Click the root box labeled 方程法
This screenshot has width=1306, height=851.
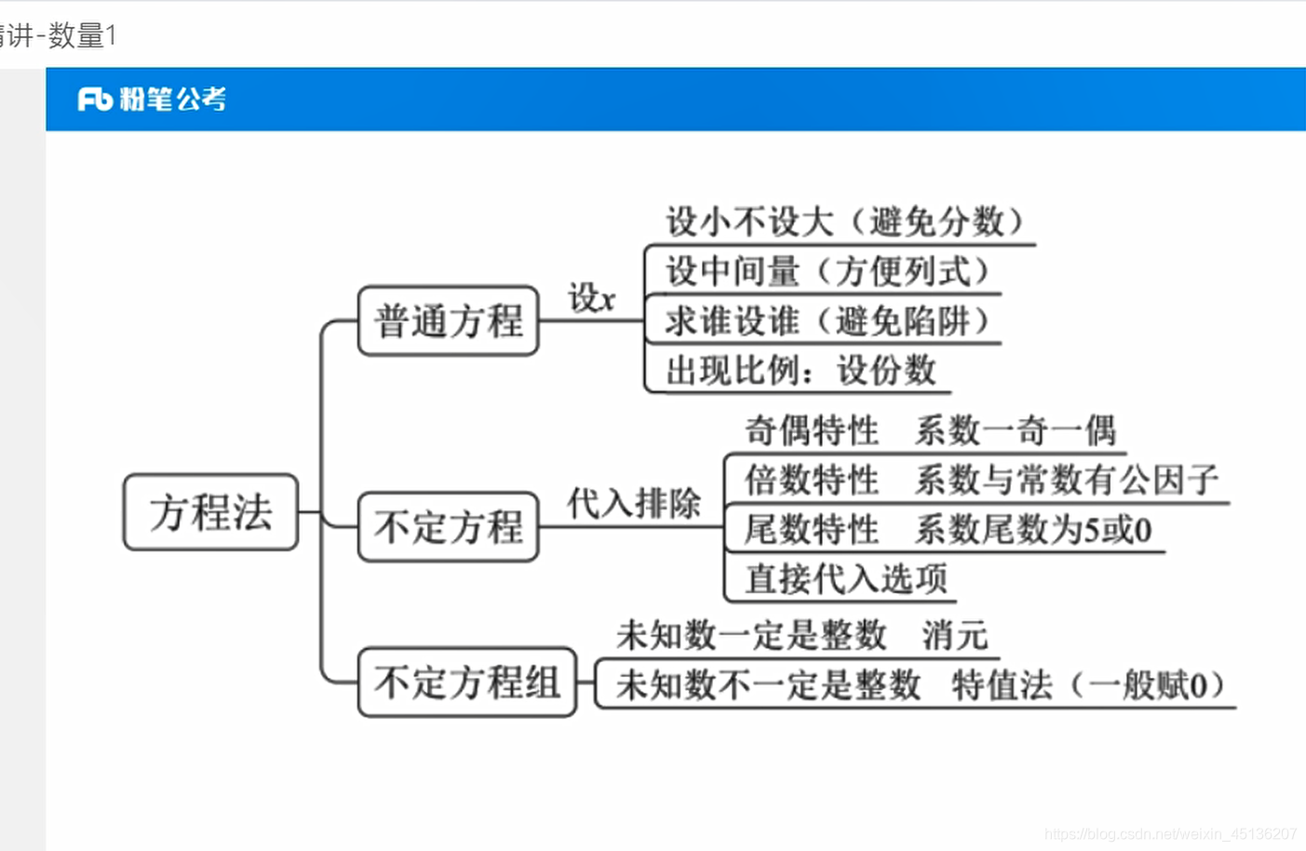pyautogui.click(x=210, y=512)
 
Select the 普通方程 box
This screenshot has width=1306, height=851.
pyautogui.click(x=449, y=321)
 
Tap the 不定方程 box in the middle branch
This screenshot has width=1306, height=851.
pyautogui.click(x=449, y=527)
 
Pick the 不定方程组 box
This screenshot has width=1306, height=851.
pyautogui.click(x=466, y=682)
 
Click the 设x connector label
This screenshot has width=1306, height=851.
pyautogui.click(x=591, y=299)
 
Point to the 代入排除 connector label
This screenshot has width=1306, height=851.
pyautogui.click(x=633, y=504)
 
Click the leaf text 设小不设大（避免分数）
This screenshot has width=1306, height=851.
pyautogui.click(x=843, y=222)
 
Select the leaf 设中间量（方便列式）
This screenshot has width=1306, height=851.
pyautogui.click(x=827, y=271)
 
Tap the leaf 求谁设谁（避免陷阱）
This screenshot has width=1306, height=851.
pyautogui.click(x=827, y=321)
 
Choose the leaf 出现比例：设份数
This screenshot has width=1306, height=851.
pyautogui.click(x=800, y=371)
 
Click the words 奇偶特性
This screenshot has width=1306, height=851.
pyautogui.click(x=812, y=430)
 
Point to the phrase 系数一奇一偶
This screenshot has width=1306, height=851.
pyautogui.click(x=1016, y=430)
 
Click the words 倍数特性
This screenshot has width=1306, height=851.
pyautogui.click(x=812, y=480)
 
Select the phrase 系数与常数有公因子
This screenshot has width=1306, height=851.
pyautogui.click(x=1067, y=480)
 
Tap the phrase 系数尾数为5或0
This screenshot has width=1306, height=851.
pyautogui.click(x=1033, y=530)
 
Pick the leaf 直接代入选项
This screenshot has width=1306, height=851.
pyautogui.click(x=845, y=579)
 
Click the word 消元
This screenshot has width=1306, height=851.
pyautogui.click(x=954, y=635)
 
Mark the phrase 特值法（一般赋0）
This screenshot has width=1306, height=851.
pyautogui.click(x=1087, y=686)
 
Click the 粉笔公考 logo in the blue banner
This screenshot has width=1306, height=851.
pyautogui.click(x=152, y=99)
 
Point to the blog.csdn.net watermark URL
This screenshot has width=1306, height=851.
pyautogui.click(x=1170, y=834)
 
